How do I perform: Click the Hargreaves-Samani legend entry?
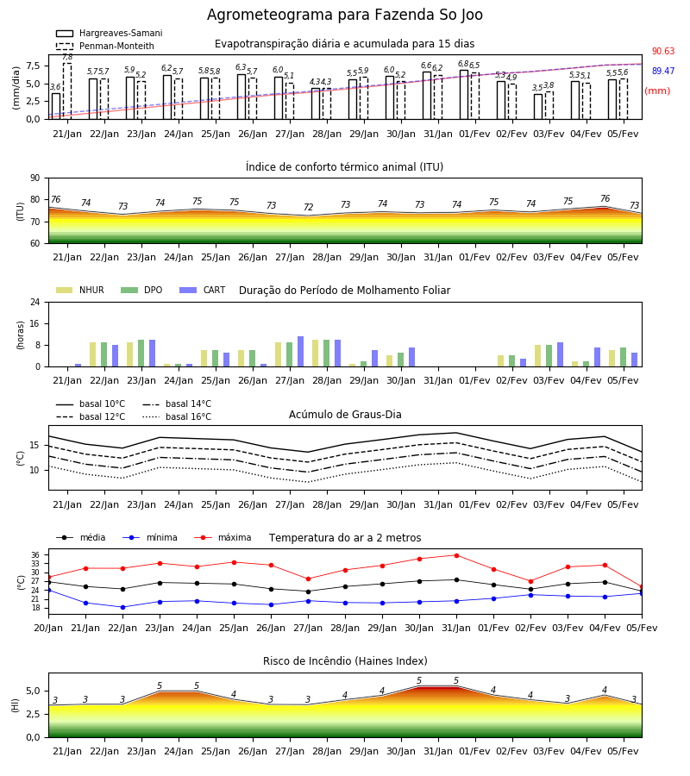pyautogui.click(x=110, y=33)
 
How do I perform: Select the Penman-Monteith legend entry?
pyautogui.click(x=105, y=46)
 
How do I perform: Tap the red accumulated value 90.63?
pyautogui.click(x=663, y=51)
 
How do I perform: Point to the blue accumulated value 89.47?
pyautogui.click(x=663, y=71)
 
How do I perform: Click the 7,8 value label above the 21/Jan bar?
pyautogui.click(x=67, y=58)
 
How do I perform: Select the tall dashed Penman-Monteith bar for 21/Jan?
pyautogui.click(x=67, y=91)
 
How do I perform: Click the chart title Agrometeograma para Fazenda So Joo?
pyautogui.click(x=345, y=15)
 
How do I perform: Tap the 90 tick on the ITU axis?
pyautogui.click(x=35, y=178)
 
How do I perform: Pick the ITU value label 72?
pyautogui.click(x=309, y=207)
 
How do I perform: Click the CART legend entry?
pyautogui.click(x=203, y=290)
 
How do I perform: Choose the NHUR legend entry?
pyautogui.click(x=80, y=290)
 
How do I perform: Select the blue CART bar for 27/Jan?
pyautogui.click(x=300, y=352)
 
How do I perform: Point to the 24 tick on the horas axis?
pyautogui.click(x=35, y=303)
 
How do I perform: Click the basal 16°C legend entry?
pyautogui.click(x=177, y=416)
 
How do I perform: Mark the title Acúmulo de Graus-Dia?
pyautogui.click(x=345, y=415)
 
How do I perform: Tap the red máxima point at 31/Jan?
pyautogui.click(x=456, y=555)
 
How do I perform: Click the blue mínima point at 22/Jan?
pyautogui.click(x=122, y=607)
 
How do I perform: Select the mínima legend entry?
pyautogui.click(x=150, y=537)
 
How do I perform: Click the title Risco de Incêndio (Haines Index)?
pyautogui.click(x=345, y=661)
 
